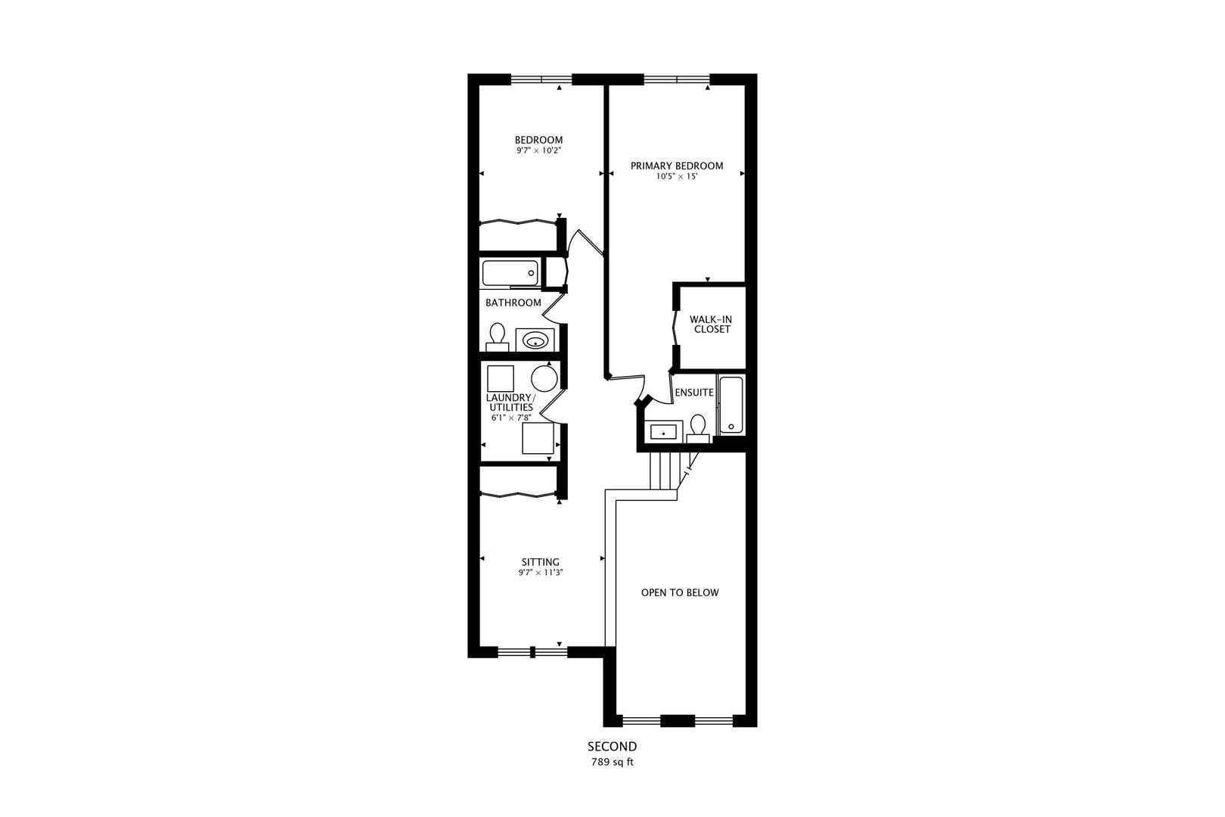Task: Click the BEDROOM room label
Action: (x=538, y=140)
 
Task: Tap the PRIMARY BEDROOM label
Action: (x=677, y=166)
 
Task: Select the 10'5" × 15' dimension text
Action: (x=676, y=177)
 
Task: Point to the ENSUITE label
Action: (x=693, y=393)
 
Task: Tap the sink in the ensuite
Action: (x=664, y=432)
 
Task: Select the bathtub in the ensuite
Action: (x=731, y=405)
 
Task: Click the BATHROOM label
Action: (x=513, y=303)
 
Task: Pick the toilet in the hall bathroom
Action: (x=497, y=337)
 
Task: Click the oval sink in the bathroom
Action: (x=535, y=340)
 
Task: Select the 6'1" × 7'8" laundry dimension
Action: (x=512, y=418)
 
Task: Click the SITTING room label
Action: (x=541, y=562)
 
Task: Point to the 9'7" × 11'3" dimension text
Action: (x=541, y=573)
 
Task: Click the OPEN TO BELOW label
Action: (x=680, y=592)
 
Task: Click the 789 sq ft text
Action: (x=612, y=763)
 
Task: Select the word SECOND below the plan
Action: (x=612, y=747)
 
